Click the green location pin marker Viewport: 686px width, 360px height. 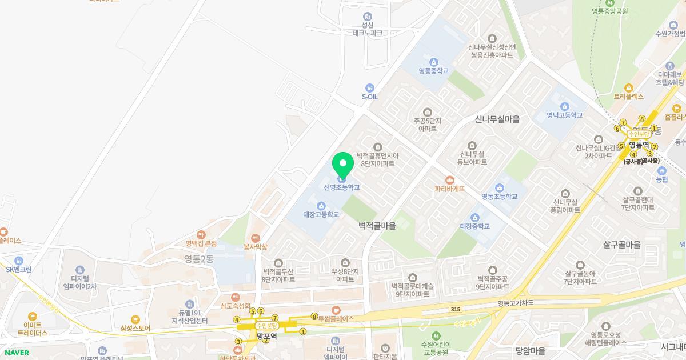pyautogui.click(x=342, y=165)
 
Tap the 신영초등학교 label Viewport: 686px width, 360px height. pyautogui.click(x=342, y=187)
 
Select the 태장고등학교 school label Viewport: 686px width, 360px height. pyautogui.click(x=321, y=214)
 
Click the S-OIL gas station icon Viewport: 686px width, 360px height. pyautogui.click(x=370, y=88)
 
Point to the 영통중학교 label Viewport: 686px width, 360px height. pyautogui.click(x=433, y=71)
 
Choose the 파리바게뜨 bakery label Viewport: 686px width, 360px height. pyautogui.click(x=450, y=188)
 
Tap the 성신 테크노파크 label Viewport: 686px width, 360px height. pyautogui.click(x=367, y=29)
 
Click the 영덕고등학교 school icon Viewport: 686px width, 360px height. pyautogui.click(x=564, y=106)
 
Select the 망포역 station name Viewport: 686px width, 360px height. pyautogui.click(x=266, y=337)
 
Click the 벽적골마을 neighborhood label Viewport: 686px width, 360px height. pyautogui.click(x=377, y=226)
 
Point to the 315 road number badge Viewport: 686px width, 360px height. pyautogui.click(x=455, y=309)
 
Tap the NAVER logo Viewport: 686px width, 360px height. pyautogui.click(x=17, y=353)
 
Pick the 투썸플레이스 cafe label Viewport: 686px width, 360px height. pyautogui.click(x=336, y=318)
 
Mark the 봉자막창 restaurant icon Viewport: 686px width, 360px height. pyautogui.click(x=256, y=238)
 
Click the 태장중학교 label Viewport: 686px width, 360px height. pyautogui.click(x=475, y=226)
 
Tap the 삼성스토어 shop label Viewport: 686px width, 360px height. pyautogui.click(x=135, y=328)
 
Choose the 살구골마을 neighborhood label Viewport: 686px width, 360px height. pyautogui.click(x=622, y=245)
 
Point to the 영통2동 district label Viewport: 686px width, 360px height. pyautogui.click(x=199, y=259)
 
